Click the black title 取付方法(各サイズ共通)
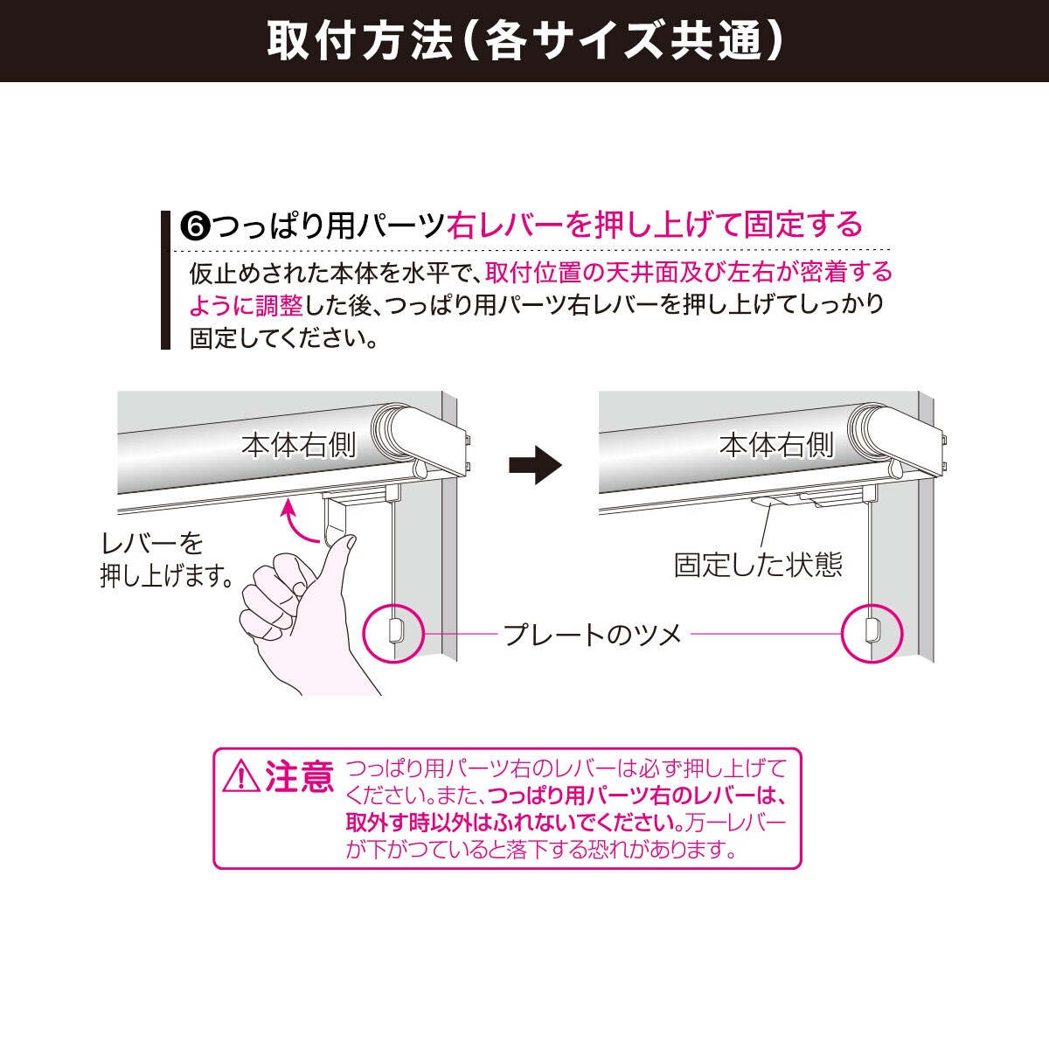click(x=524, y=40)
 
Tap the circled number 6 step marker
click(x=195, y=226)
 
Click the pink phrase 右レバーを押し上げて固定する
click(x=654, y=225)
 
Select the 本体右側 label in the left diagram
click(x=299, y=446)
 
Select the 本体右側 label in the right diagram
click(x=776, y=446)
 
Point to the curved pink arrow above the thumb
click(x=297, y=523)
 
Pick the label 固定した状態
click(x=758, y=565)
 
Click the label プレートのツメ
click(x=592, y=634)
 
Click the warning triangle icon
click(x=240, y=776)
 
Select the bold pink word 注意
click(x=299, y=776)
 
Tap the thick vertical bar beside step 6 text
click(x=165, y=280)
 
